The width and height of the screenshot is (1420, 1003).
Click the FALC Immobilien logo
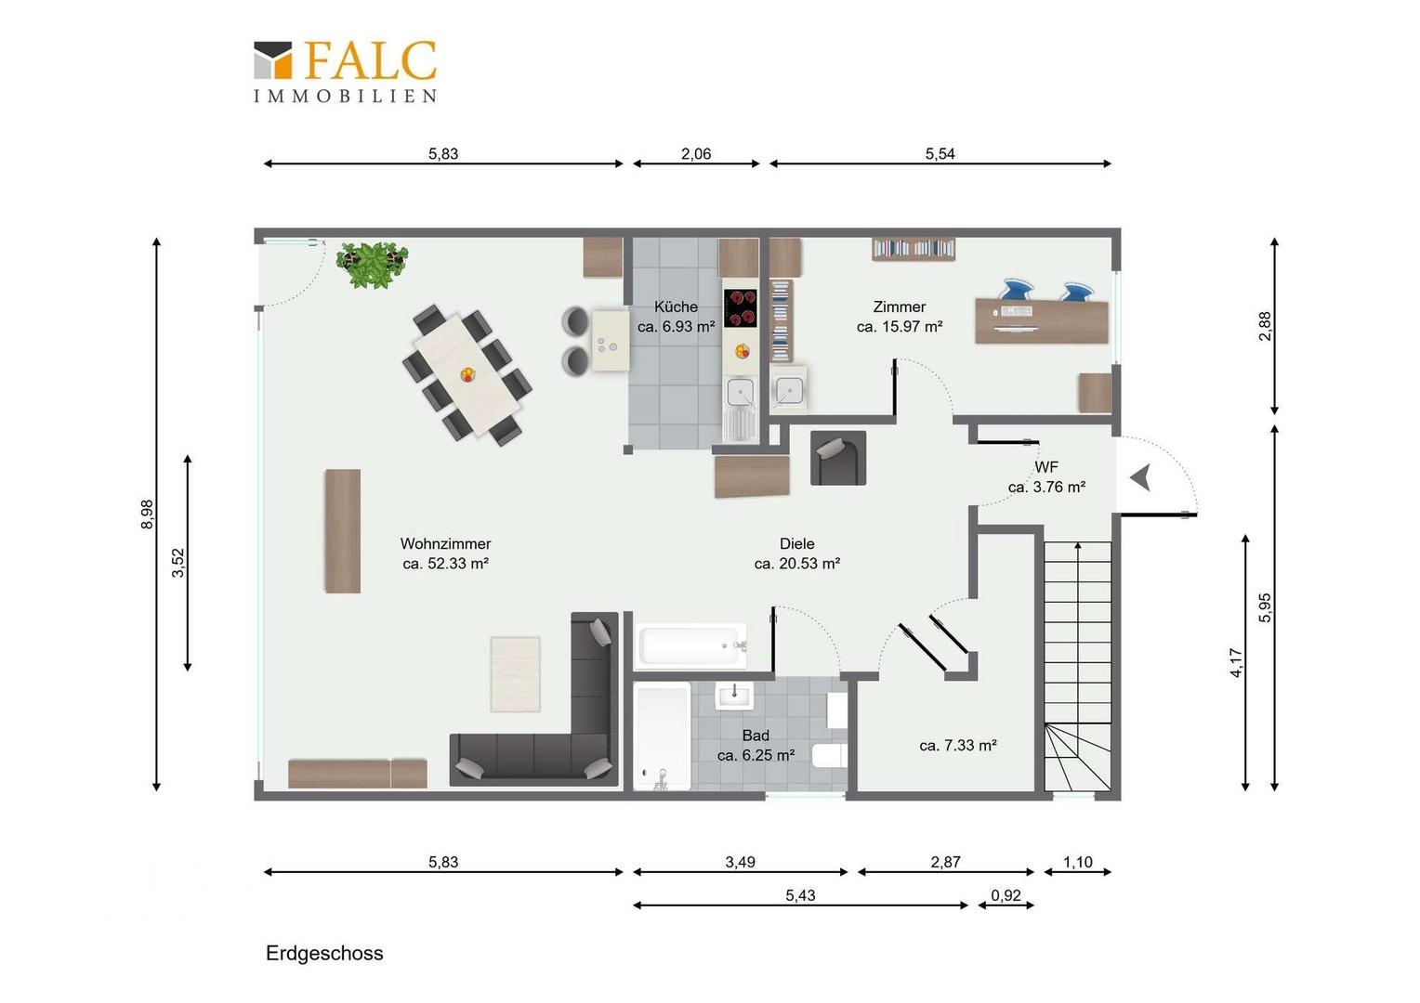tap(346, 72)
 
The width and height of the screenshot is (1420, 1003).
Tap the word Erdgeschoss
tap(324, 954)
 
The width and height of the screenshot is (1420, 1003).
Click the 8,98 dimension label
tap(147, 514)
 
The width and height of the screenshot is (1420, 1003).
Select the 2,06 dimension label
tap(696, 153)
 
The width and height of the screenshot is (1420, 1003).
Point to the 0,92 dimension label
tap(1006, 895)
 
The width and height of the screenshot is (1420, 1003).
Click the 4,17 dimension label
tap(1237, 663)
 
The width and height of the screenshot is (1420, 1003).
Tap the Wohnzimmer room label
tap(446, 543)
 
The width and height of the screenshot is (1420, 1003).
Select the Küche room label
tap(677, 306)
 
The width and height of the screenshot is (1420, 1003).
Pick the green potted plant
tap(372, 264)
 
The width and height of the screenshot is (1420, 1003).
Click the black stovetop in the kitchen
tap(741, 308)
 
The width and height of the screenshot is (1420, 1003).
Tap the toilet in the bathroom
tap(829, 755)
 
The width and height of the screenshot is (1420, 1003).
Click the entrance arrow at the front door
tap(1141, 477)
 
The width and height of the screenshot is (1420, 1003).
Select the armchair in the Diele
tap(838, 458)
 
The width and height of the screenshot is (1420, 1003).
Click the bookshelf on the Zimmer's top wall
tap(914, 248)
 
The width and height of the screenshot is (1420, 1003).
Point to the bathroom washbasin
tap(734, 695)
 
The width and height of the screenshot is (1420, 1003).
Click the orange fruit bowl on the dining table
tap(467, 374)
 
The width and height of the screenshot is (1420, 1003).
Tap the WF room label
tap(1046, 467)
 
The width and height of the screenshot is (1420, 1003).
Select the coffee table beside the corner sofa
tap(516, 674)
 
